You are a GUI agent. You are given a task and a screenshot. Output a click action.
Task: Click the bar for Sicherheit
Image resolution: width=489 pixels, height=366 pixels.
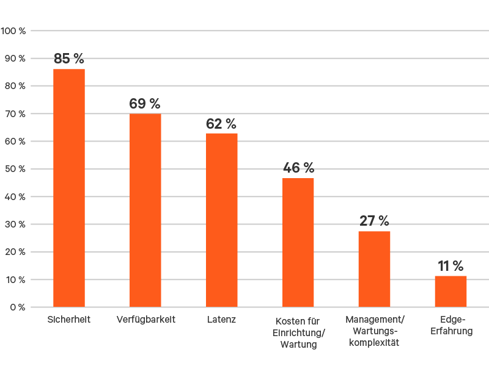[x=69, y=188]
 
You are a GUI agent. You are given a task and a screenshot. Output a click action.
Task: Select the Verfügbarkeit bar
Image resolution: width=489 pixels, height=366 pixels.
[x=145, y=210]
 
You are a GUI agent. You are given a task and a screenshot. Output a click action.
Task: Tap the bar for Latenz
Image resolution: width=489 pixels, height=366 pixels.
[x=222, y=220]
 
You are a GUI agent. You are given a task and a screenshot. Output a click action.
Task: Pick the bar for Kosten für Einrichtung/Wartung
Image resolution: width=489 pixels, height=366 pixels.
[x=298, y=242]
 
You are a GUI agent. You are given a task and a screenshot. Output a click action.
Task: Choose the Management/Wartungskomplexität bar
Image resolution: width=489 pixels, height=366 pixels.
[x=374, y=269]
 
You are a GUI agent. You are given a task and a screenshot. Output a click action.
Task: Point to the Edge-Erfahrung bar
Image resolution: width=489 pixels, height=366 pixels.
[x=450, y=292]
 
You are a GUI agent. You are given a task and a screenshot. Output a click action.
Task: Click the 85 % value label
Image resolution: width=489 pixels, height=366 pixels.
[x=69, y=59]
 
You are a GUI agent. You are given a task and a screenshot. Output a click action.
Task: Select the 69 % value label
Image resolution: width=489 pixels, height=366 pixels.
[x=145, y=104]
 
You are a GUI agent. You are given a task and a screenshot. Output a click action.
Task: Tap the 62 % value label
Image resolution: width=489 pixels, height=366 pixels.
[x=221, y=124]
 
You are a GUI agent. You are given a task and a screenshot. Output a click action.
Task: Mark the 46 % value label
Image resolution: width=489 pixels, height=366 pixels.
[x=298, y=168]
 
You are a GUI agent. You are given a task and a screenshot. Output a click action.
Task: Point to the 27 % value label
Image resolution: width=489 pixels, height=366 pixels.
[x=374, y=221]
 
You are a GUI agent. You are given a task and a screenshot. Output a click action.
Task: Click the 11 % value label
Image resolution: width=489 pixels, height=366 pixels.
[x=450, y=266]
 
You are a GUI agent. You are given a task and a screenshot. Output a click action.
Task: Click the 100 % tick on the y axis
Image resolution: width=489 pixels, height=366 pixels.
[x=13, y=30]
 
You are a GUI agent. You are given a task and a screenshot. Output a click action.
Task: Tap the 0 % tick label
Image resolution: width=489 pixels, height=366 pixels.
[x=17, y=307]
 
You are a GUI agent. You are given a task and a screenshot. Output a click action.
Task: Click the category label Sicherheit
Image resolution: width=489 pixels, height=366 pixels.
[x=69, y=320]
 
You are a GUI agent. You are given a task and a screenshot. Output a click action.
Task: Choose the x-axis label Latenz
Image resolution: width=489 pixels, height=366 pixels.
[x=221, y=320]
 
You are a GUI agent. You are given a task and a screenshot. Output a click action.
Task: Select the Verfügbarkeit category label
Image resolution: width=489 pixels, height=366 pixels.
[x=145, y=320]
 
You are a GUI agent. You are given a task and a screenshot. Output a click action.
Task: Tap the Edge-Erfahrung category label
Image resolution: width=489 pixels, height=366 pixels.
[x=452, y=326]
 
